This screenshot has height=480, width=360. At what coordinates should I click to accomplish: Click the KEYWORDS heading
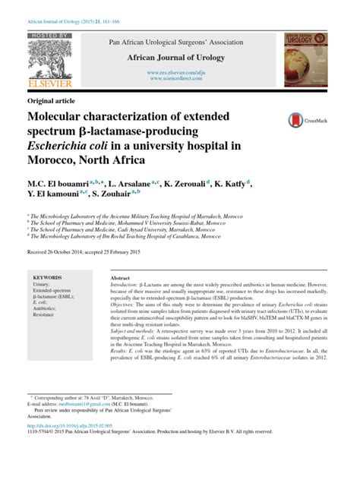tap(48, 278)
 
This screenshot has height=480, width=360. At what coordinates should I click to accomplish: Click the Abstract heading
tap(121, 279)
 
